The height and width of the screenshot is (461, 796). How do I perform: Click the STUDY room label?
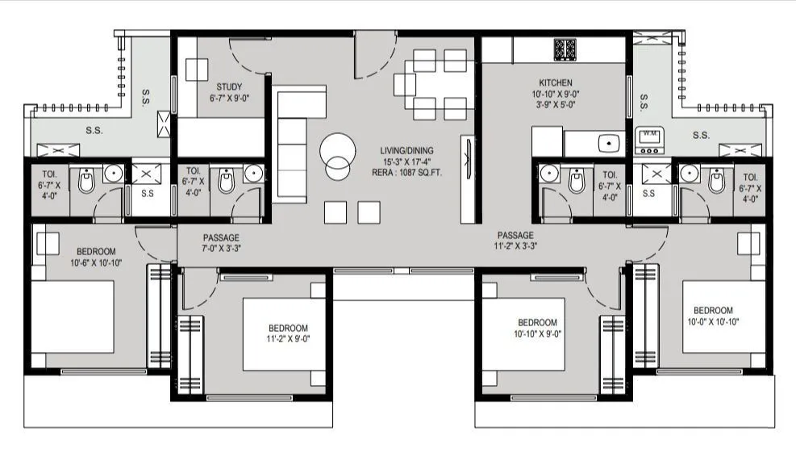(x=229, y=87)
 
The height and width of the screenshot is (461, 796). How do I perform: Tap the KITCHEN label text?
(x=556, y=83)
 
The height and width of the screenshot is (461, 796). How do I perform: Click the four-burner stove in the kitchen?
(x=565, y=48)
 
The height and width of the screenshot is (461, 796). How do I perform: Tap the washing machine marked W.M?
(x=649, y=140)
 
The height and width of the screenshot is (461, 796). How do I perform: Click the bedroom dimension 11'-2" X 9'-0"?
(x=288, y=339)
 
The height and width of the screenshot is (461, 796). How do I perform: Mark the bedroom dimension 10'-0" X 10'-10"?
(x=713, y=321)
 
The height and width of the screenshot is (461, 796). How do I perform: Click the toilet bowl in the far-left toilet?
(x=86, y=182)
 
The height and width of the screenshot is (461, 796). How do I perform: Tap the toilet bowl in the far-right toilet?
(x=715, y=182)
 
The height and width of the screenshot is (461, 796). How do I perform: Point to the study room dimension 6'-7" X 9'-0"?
(x=229, y=98)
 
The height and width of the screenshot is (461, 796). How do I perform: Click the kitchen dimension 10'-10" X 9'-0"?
(x=556, y=94)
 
